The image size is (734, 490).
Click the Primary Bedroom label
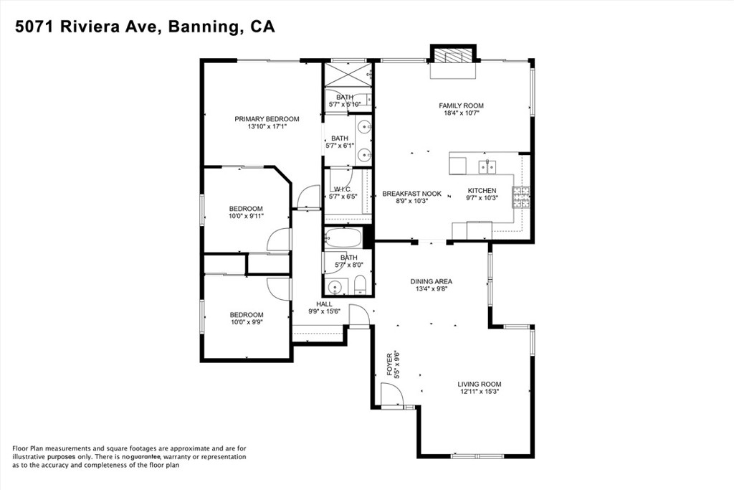pos(267,119)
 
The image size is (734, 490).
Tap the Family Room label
pos(461,106)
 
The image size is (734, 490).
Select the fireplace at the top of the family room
pos(453,57)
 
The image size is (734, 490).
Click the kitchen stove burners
pos(521,197)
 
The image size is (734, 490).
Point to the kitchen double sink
pos(487,166)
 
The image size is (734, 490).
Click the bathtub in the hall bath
pos(343,237)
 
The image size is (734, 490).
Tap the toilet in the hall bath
pos(360,286)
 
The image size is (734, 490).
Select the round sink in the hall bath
pos(335,287)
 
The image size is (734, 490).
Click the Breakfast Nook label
pos(412,194)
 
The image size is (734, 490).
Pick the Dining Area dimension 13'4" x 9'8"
pos(431,289)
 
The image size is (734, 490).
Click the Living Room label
pos(480,384)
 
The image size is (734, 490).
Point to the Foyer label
pos(389,368)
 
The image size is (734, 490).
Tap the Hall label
pos(324,304)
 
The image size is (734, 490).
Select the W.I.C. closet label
pos(343,189)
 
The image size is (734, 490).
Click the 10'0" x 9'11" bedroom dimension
pos(247,216)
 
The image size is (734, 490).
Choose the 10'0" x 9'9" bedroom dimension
pos(247,322)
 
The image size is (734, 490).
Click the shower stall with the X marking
pos(347,75)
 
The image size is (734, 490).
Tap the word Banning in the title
pos(201,27)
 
